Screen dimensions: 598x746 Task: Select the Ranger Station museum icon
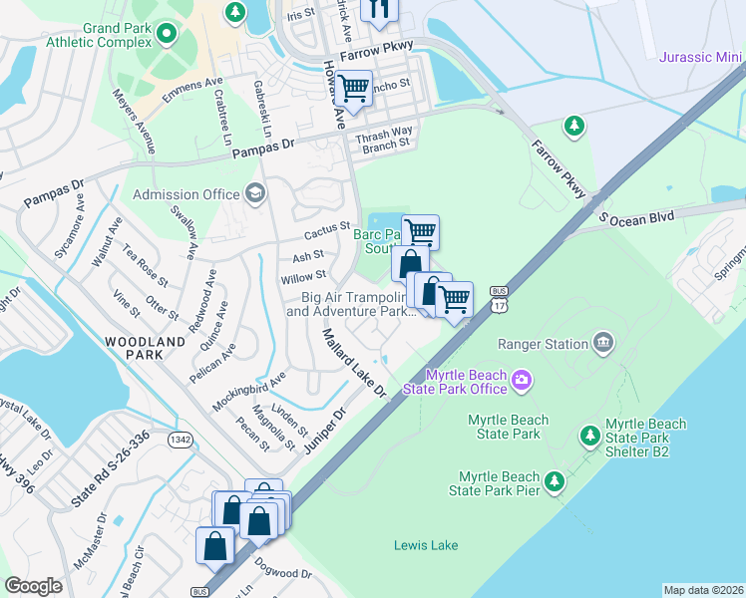pyautogui.click(x=603, y=344)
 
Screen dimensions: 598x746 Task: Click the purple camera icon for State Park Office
pyautogui.click(x=521, y=380)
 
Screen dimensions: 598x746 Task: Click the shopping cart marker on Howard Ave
pyautogui.click(x=354, y=89)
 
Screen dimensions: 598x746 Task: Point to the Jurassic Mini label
pyautogui.click(x=701, y=56)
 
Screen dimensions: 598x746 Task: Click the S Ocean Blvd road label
pyautogui.click(x=636, y=215)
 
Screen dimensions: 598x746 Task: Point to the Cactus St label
pyautogui.click(x=327, y=234)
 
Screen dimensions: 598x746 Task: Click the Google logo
pyautogui.click(x=33, y=586)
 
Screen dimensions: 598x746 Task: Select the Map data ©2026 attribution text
pyautogui.click(x=703, y=590)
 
